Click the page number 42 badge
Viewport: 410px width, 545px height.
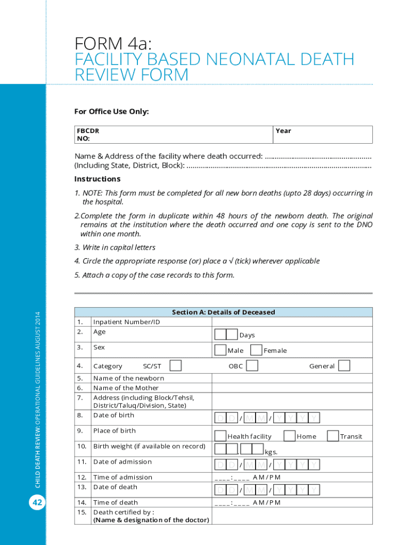click(37, 502)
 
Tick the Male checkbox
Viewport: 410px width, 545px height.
click(220, 350)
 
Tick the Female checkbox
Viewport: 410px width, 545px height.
click(256, 350)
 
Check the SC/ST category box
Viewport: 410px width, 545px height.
click(175, 365)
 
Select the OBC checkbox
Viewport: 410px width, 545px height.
click(252, 365)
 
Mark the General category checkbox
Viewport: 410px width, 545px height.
click(345, 365)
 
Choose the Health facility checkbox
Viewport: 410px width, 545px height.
click(220, 435)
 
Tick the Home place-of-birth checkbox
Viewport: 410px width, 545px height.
click(290, 435)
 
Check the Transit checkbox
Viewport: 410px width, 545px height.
click(332, 435)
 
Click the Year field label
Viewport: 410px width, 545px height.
click(283, 131)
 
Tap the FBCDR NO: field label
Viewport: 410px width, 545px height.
click(88, 135)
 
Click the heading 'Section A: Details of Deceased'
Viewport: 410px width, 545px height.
click(223, 312)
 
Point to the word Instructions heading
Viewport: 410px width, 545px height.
click(97, 179)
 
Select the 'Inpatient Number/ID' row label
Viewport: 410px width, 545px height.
click(126, 322)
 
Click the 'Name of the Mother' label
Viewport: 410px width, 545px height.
click(126, 388)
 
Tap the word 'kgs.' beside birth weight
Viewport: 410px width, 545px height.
click(271, 452)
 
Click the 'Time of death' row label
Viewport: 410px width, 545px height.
click(115, 502)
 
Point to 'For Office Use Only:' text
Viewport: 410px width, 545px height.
click(111, 111)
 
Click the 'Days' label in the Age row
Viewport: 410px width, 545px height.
click(247, 335)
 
